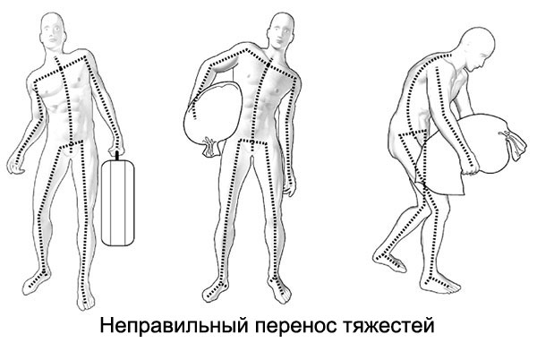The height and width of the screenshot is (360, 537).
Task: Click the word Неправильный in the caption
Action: pos(174,326)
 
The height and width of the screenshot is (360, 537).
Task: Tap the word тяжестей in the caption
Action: pos(388,328)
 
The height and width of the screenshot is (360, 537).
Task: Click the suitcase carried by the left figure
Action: pos(118,202)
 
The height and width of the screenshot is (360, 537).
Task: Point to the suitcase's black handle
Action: pos(117,156)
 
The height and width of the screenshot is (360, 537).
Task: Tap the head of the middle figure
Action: pos(282,31)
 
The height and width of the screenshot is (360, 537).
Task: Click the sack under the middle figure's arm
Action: pos(213,113)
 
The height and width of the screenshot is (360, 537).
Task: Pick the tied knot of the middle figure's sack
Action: pos(210,147)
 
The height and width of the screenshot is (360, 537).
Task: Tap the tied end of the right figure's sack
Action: pos(513,145)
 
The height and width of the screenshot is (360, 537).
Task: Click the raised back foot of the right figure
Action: pos(388,261)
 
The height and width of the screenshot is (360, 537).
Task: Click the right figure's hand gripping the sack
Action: pos(468,169)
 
